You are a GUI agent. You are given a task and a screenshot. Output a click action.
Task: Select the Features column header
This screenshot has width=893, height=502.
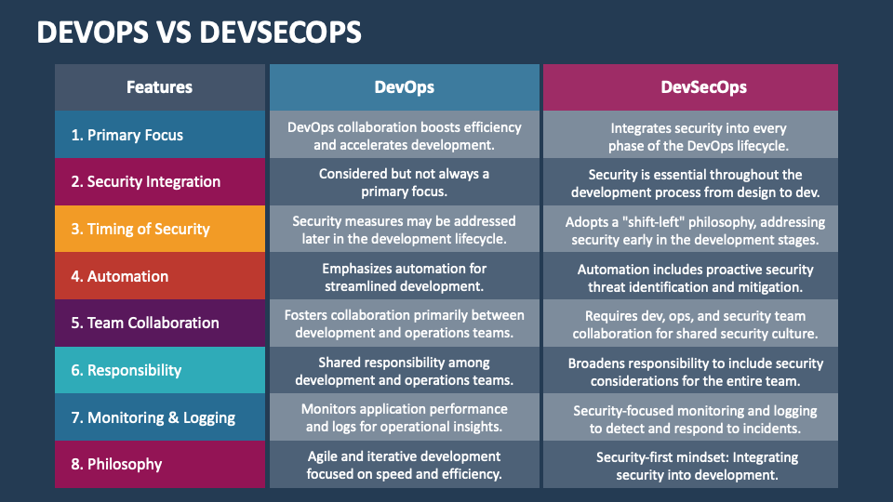point(159,87)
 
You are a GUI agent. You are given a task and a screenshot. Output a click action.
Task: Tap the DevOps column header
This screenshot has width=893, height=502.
point(404,87)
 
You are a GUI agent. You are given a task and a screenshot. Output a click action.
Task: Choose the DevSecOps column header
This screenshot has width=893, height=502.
point(690,87)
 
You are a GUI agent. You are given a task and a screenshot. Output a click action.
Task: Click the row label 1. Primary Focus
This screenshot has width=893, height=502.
point(127,135)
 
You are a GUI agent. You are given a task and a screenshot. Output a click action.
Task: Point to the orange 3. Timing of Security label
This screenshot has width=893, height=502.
point(140,229)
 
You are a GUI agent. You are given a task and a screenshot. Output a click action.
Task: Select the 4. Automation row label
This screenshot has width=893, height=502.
point(120,276)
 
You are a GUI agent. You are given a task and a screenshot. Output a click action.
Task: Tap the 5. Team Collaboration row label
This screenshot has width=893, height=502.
point(145,323)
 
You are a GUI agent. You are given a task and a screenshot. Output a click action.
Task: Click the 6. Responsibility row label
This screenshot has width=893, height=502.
point(127,370)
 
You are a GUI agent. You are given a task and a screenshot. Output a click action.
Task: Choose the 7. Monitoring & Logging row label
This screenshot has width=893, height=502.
point(153,417)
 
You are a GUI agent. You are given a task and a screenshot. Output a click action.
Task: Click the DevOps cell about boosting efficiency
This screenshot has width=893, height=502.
point(404,136)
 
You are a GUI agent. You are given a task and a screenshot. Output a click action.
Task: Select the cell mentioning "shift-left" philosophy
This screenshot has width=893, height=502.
point(690,230)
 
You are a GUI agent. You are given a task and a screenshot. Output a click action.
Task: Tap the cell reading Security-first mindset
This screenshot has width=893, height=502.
point(690,465)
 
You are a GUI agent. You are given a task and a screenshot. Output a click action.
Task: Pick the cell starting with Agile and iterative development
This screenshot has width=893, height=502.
point(404,465)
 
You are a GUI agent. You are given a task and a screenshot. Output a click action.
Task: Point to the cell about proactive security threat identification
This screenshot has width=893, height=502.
point(690,276)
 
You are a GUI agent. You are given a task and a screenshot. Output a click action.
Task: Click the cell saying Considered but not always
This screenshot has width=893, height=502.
point(404,182)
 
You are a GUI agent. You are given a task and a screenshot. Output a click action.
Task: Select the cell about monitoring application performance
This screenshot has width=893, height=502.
point(404,417)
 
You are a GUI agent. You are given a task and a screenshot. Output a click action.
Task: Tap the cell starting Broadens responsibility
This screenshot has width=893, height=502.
point(690,371)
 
